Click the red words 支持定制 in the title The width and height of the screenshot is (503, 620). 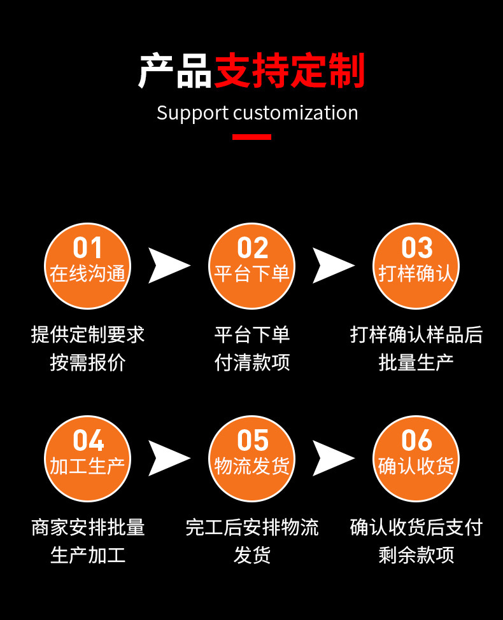coord(290,71)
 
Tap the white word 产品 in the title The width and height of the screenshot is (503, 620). coord(175,71)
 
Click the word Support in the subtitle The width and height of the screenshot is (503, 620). coord(192,114)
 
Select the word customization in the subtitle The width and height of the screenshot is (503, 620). coord(295,113)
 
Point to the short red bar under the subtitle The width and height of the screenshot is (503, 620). coord(251,137)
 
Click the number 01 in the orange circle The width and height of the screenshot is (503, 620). coord(87,248)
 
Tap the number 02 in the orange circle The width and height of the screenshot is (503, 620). coord(252,248)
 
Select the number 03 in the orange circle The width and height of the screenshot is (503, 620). coord(416,248)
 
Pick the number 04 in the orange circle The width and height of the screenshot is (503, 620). coord(87,441)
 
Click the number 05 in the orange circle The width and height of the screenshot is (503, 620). coord(252,441)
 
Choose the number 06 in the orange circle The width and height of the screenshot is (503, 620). coord(416,441)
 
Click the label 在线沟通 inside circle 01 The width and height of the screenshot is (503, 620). coord(87,273)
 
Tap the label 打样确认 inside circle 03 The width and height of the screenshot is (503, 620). coord(416,273)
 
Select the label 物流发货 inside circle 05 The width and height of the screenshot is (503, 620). coord(252,466)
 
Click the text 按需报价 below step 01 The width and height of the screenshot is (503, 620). coord(88,362)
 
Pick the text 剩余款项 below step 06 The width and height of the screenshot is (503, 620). coord(416,555)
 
